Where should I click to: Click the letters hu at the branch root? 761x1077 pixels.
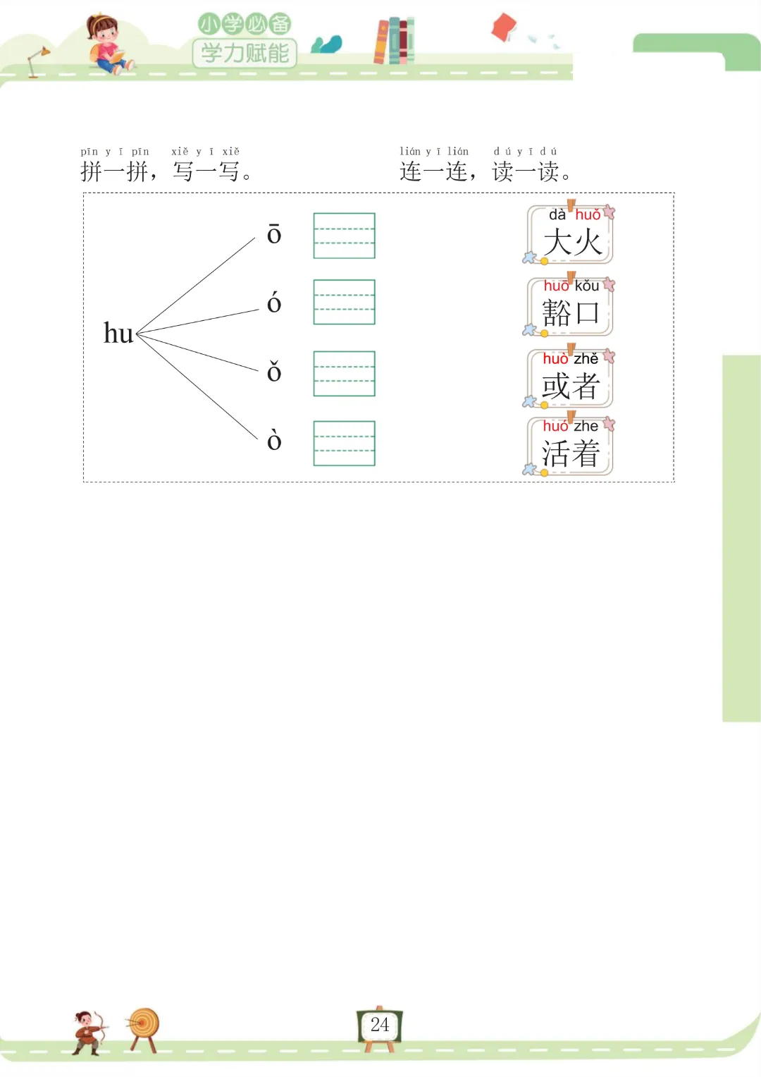coord(118,333)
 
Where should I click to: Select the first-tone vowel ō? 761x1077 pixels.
coord(274,234)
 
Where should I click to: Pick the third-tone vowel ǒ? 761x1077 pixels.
coord(274,372)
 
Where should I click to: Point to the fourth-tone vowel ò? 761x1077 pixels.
coord(274,441)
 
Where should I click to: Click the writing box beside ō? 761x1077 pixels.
coord(344,236)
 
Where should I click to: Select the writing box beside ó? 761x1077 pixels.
coord(344,302)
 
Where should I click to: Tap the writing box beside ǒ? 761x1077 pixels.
coord(344,373)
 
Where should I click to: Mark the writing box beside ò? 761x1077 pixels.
coord(344,443)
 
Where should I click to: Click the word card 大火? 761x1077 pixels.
coord(571,235)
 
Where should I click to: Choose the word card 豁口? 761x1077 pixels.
coord(571,307)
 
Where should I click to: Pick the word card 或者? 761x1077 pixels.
coord(571,379)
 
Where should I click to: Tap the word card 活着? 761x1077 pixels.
coord(571,446)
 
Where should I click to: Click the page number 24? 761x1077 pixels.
coord(380,1025)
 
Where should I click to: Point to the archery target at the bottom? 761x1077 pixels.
coord(144,1026)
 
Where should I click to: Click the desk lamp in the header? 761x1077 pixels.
coord(37,61)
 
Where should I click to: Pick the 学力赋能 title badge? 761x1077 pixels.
coord(245,52)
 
